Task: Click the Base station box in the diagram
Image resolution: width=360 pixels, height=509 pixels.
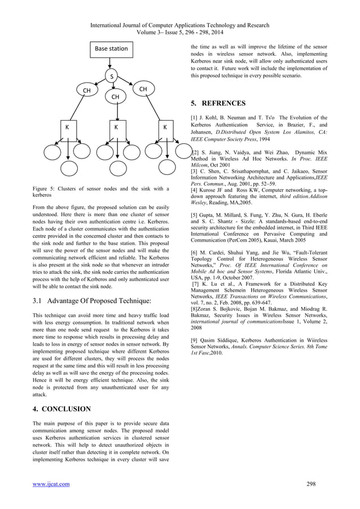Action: tap(111, 49)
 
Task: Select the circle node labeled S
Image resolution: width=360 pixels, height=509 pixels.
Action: tap(112, 77)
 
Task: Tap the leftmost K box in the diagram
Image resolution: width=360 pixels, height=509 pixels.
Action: tap(68, 128)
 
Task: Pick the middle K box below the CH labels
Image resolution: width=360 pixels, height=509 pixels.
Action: tap(116, 128)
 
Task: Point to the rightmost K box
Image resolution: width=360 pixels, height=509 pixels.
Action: tap(165, 128)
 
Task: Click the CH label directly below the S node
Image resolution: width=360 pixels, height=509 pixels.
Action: tap(115, 97)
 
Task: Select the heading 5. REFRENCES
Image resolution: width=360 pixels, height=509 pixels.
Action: tap(218, 104)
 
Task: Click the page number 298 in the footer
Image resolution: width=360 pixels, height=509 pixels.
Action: tap(310, 484)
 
